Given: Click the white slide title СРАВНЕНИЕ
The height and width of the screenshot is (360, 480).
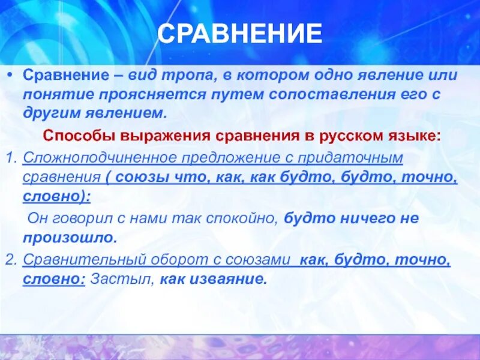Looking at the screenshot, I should (239, 34).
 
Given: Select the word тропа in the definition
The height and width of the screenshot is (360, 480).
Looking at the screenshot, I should (141, 76).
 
